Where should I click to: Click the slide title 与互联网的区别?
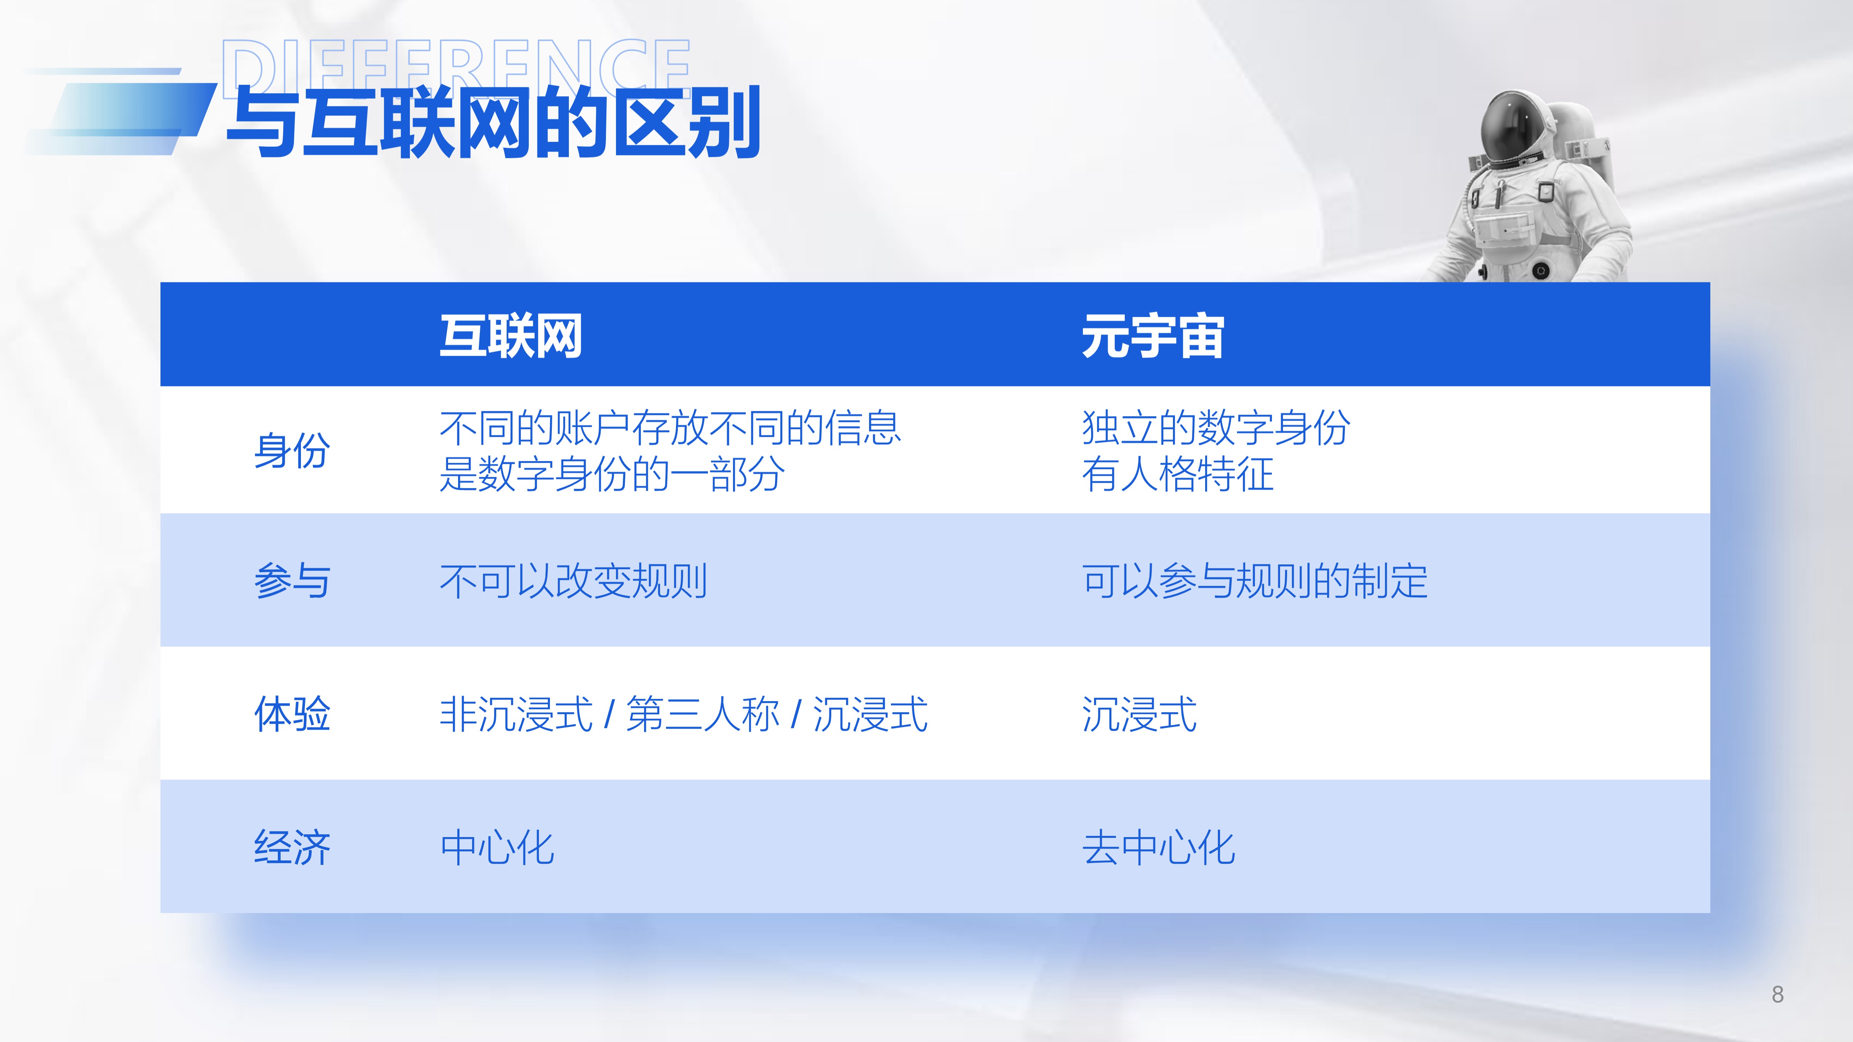click(x=494, y=122)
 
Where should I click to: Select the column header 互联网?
click(x=511, y=336)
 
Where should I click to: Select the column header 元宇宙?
click(x=1152, y=336)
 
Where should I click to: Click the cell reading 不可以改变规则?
click(x=573, y=580)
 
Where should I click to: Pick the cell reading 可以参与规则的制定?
click(x=1254, y=580)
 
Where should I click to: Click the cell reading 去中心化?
click(x=1158, y=847)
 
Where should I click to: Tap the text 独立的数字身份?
click(x=1216, y=428)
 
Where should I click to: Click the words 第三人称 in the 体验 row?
click(x=703, y=714)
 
